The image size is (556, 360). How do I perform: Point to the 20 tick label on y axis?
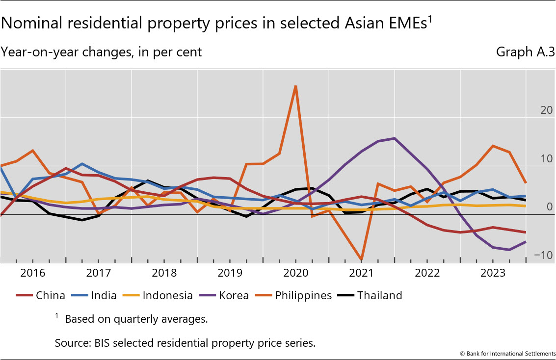point(546,110)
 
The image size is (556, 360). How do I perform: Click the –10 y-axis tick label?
point(543,255)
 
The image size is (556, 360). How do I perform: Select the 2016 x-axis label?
point(33,273)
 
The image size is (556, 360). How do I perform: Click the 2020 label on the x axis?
point(295,273)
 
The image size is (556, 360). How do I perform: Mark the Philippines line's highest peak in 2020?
point(295,86)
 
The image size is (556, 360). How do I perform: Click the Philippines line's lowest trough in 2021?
point(362,259)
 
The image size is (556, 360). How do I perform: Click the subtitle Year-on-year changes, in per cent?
point(101,51)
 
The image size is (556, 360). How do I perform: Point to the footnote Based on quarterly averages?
point(136,319)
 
